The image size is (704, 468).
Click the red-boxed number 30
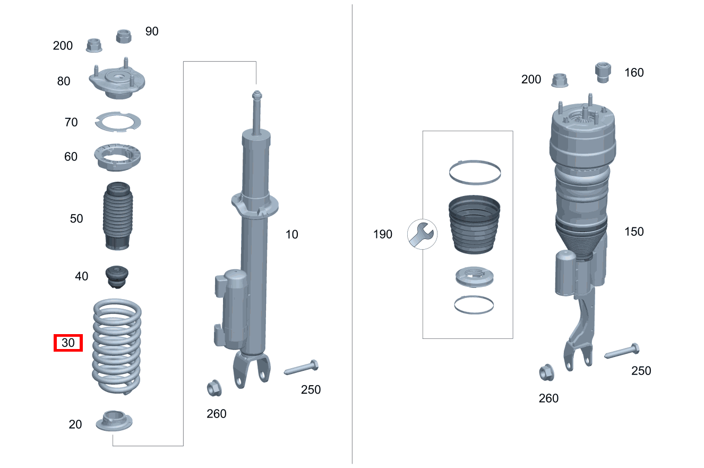point(68,343)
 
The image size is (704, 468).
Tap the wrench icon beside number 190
point(422,234)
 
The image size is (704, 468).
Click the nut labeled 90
point(124,36)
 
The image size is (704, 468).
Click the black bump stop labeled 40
point(117,277)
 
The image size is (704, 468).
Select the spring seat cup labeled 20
point(114,421)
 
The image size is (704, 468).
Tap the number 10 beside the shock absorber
point(291,234)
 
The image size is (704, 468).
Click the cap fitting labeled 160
point(603,72)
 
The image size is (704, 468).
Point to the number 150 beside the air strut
point(634,232)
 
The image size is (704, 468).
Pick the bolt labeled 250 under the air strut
point(622,351)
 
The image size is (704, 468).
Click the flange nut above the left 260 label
point(214,388)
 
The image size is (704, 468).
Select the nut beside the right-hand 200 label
point(560,81)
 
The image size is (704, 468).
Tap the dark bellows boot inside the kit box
point(474,225)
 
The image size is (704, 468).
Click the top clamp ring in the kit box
point(475,161)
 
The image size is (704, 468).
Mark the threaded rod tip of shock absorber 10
point(257,93)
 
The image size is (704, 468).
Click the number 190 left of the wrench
point(382,234)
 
